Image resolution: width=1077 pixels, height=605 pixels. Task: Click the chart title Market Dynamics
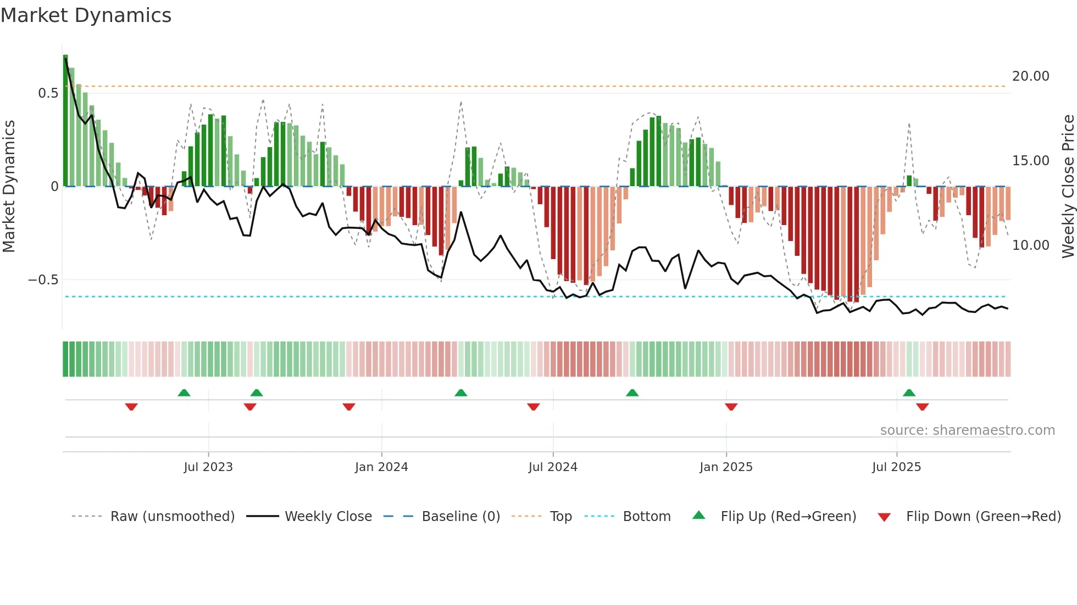point(86,15)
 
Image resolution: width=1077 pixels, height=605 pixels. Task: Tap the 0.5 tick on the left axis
point(48,93)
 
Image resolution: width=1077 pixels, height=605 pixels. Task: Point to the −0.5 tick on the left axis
point(43,280)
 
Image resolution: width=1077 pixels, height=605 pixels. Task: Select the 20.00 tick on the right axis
point(1030,76)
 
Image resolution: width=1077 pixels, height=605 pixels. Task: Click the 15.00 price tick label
point(1030,161)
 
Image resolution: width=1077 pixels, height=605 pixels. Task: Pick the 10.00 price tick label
point(1030,245)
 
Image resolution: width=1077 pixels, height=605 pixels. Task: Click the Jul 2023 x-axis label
point(208,467)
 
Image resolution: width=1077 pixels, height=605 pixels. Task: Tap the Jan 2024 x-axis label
point(381,467)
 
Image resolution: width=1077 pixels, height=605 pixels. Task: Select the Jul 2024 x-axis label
point(553,467)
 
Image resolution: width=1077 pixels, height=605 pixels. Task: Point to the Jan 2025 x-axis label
point(726,467)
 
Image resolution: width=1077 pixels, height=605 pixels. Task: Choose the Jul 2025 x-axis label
point(896,467)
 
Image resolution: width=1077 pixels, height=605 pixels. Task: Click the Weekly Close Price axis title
point(1068,187)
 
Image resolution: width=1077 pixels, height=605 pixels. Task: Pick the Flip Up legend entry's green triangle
point(698,516)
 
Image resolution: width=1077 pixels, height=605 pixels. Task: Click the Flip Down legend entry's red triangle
point(884,517)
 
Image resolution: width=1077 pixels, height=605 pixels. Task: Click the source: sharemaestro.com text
point(967,430)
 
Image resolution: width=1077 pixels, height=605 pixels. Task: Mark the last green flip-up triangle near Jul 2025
point(909,393)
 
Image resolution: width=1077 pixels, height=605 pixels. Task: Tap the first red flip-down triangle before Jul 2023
point(131,407)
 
